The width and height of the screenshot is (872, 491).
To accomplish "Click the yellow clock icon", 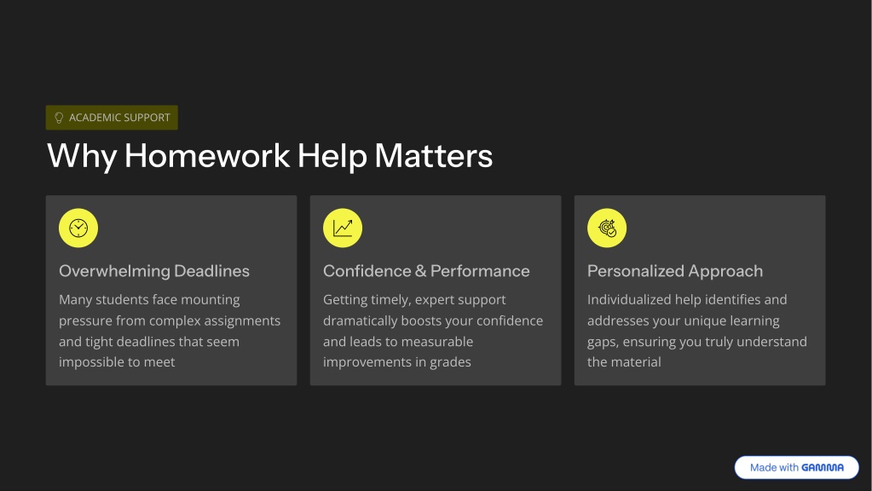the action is point(78,228).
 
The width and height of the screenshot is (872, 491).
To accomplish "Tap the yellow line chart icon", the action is point(343,228).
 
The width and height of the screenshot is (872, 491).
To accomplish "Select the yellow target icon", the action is point(607,228).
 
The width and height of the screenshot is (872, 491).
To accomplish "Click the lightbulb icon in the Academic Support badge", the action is point(59,118).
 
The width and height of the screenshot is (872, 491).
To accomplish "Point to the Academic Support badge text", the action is point(119,118).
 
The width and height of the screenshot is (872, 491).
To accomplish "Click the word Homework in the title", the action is point(207,156).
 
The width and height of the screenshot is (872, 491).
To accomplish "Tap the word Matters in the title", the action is point(434,156).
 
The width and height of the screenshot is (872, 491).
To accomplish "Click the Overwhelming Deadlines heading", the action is point(154,271).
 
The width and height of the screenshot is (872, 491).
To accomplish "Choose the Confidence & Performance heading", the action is point(426,271).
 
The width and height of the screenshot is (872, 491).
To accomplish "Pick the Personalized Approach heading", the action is point(675,271).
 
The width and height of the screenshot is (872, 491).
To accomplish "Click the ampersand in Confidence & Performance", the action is point(420,271).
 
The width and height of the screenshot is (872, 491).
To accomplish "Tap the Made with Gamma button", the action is point(796,468).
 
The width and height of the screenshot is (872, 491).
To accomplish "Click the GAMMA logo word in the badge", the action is point(823,468).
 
